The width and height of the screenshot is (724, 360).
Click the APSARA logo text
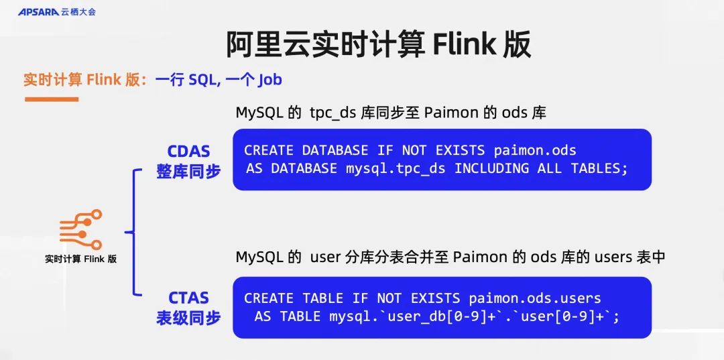(x=38, y=11)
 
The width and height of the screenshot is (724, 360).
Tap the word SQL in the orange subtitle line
(x=202, y=80)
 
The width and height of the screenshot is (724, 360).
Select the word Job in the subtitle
(x=269, y=80)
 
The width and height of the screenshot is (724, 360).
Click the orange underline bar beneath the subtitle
(x=52, y=99)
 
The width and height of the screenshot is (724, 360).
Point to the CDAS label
(x=188, y=152)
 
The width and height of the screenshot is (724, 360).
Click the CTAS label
(x=188, y=298)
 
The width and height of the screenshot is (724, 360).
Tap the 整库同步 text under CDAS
(x=188, y=172)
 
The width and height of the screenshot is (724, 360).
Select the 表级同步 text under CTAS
(x=188, y=318)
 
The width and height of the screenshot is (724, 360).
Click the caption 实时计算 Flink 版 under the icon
(x=80, y=259)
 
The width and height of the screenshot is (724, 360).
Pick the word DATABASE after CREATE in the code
(x=335, y=150)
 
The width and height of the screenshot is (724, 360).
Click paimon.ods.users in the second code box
(x=534, y=298)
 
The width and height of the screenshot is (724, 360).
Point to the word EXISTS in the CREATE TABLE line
(x=435, y=298)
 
